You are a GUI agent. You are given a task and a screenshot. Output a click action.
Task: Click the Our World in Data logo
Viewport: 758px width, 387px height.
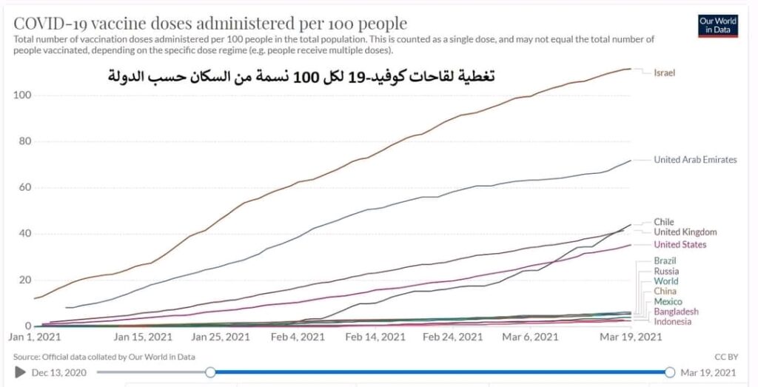click(717, 26)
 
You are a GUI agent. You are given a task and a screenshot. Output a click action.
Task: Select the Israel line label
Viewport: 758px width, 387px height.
click(664, 73)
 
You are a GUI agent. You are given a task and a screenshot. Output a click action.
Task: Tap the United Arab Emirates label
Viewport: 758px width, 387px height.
click(695, 160)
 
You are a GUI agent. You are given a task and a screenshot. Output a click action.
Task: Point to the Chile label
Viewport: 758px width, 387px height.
click(664, 222)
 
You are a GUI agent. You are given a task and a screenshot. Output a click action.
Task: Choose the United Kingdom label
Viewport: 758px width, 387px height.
click(685, 232)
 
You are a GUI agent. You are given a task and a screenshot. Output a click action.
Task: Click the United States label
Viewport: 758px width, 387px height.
click(680, 245)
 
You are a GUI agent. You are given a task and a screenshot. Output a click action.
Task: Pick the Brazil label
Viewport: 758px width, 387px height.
click(665, 260)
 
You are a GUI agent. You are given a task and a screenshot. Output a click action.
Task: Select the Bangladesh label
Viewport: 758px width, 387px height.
click(676, 312)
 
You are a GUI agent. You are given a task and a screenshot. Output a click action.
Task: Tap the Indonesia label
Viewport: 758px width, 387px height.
click(673, 322)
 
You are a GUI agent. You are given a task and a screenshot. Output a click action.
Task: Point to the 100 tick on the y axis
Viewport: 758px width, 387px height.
click(23, 95)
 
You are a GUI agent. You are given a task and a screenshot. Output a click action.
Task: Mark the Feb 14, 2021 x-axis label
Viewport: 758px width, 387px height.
click(375, 337)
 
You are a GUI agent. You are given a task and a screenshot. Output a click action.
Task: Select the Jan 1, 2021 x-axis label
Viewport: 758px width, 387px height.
click(35, 337)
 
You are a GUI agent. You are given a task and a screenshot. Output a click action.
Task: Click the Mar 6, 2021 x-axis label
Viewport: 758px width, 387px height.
click(531, 337)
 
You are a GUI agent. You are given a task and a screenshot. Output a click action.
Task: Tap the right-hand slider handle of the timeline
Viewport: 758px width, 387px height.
click(670, 372)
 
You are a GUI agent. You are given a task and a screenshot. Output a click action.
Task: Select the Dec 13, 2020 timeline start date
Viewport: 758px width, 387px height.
click(60, 372)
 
